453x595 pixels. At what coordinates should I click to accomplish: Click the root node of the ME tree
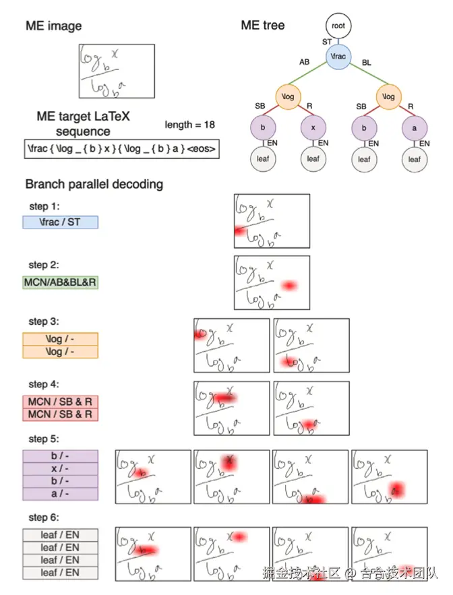338,26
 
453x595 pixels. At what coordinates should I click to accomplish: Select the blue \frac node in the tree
338,57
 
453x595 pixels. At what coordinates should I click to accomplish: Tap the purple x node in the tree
313,127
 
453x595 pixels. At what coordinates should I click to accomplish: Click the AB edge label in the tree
305,62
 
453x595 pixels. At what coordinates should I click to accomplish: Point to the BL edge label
367,62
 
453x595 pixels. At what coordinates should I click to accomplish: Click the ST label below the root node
327,41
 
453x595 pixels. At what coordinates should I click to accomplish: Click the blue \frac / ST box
61,221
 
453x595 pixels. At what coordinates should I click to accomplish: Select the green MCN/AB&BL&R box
61,282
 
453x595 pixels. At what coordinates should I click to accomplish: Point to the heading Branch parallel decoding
94,184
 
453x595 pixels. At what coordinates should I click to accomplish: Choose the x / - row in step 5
61,468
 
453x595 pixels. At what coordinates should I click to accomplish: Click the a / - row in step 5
61,493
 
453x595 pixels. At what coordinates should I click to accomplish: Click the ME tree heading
263,26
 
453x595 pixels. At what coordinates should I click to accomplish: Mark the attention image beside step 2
272,282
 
